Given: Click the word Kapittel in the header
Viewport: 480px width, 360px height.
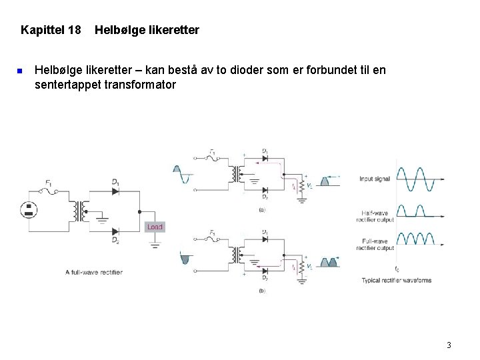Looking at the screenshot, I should click(x=41, y=30).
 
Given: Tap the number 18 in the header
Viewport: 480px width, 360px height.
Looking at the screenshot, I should click(x=74, y=30).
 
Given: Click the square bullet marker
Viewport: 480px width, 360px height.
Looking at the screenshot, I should click(x=20, y=71).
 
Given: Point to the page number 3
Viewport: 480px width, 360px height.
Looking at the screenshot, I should click(x=449, y=345).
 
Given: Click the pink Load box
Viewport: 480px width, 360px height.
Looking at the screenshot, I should click(x=154, y=227).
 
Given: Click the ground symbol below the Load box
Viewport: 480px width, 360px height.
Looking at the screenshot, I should click(x=154, y=245).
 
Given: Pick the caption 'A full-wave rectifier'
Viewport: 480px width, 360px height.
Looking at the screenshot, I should click(x=93, y=272).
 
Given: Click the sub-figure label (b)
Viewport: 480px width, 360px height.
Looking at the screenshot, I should click(x=261, y=291).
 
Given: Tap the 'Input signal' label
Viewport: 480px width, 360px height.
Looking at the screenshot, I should click(x=375, y=179).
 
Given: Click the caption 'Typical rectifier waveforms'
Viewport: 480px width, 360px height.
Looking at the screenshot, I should click(x=396, y=280).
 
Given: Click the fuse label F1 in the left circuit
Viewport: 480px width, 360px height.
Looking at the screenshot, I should click(x=49, y=182).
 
